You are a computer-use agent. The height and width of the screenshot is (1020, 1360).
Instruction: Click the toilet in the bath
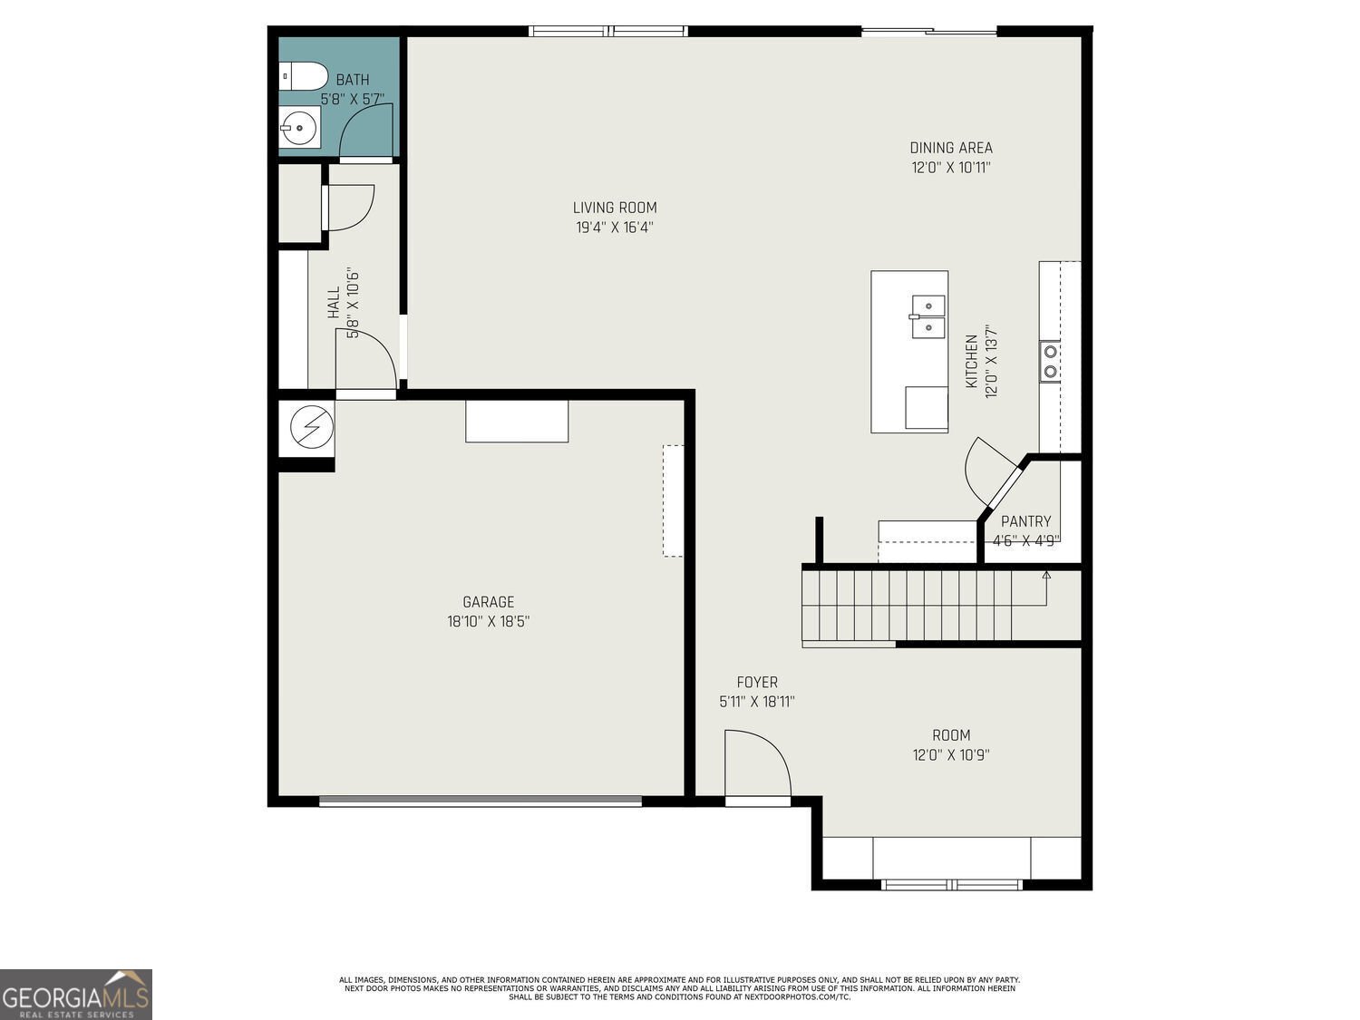pyautogui.click(x=303, y=76)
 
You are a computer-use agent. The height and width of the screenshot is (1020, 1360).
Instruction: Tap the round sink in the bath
pyautogui.click(x=299, y=128)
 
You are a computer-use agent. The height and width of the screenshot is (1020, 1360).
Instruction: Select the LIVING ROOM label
pyautogui.click(x=615, y=208)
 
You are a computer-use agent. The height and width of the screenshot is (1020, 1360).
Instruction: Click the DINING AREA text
pyautogui.click(x=951, y=148)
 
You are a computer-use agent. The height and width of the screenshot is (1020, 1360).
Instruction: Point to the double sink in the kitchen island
pyautogui.click(x=928, y=316)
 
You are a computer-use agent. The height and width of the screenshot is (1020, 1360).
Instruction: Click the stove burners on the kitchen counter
pyautogui.click(x=1050, y=362)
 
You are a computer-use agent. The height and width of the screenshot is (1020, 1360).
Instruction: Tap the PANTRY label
pyautogui.click(x=1026, y=521)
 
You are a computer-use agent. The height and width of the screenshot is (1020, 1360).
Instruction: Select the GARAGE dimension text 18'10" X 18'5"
pyautogui.click(x=488, y=621)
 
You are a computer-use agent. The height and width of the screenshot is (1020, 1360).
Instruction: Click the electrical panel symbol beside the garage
pyautogui.click(x=312, y=427)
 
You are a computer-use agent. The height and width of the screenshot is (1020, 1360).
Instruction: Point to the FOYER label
pyautogui.click(x=757, y=683)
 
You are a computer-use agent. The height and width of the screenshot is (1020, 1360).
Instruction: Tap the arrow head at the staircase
pyautogui.click(x=1046, y=575)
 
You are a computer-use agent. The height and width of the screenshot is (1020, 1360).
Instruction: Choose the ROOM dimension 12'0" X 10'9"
pyautogui.click(x=951, y=755)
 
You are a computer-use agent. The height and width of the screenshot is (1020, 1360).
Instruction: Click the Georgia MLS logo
pyautogui.click(x=75, y=994)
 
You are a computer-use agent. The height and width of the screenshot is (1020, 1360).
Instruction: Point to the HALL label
pyautogui.click(x=334, y=302)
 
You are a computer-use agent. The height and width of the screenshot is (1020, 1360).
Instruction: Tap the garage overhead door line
pyautogui.click(x=481, y=801)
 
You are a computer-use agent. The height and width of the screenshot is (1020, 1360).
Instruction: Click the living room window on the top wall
pyautogui.click(x=607, y=31)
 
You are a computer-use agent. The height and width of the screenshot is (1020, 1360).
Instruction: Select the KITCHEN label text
pyautogui.click(x=972, y=362)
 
